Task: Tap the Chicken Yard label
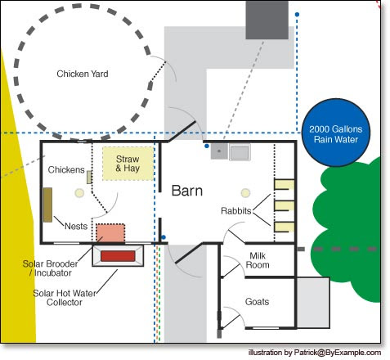click(x=83, y=74)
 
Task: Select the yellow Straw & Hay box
click(x=127, y=163)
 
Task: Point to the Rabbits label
click(x=236, y=210)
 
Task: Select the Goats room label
click(x=257, y=302)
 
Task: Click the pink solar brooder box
click(x=110, y=232)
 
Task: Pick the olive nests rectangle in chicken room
click(x=48, y=203)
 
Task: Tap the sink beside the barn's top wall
click(x=240, y=151)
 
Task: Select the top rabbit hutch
click(x=284, y=184)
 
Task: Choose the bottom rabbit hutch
click(x=284, y=227)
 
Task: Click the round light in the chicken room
click(x=79, y=193)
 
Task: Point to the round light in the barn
click(x=244, y=192)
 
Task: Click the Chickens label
click(x=66, y=169)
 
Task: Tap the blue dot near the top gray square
click(x=298, y=15)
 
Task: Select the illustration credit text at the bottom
click(x=315, y=352)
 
